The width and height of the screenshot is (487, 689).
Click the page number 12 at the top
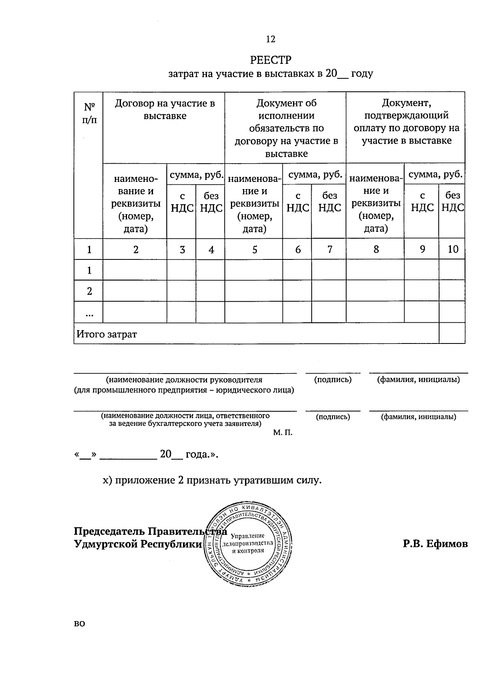tap(270, 39)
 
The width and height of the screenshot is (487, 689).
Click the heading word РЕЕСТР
tap(271, 60)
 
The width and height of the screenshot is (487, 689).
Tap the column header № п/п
tap(89, 114)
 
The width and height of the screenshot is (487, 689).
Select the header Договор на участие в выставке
tap(164, 110)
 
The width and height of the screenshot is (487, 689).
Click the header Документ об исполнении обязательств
tap(286, 128)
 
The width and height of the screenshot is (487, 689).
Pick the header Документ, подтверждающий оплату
tap(406, 122)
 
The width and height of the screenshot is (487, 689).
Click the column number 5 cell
tap(254, 249)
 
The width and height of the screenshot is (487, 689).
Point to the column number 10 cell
tap(453, 249)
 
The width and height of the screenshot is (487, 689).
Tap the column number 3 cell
tap(182, 249)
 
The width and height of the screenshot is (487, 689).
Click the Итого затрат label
tap(107, 335)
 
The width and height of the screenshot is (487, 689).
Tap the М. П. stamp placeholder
tap(282, 433)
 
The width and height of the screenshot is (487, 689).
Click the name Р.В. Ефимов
tap(435, 544)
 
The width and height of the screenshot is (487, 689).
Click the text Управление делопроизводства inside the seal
tap(248, 543)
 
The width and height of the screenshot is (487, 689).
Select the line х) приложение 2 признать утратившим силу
tap(212, 480)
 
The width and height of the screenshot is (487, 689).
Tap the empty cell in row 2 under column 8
tap(375, 291)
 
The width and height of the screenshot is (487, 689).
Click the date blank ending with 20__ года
tap(146, 454)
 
